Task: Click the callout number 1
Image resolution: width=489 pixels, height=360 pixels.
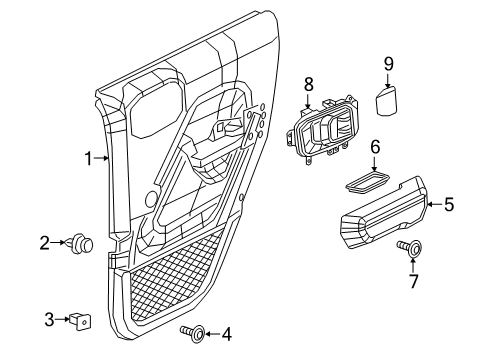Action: (89, 157)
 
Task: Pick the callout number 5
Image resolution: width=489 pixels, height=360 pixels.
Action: (448, 204)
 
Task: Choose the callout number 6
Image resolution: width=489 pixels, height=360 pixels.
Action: (375, 146)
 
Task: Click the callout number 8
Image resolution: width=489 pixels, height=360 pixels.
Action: (309, 85)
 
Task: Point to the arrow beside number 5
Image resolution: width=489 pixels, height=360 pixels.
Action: (431, 204)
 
